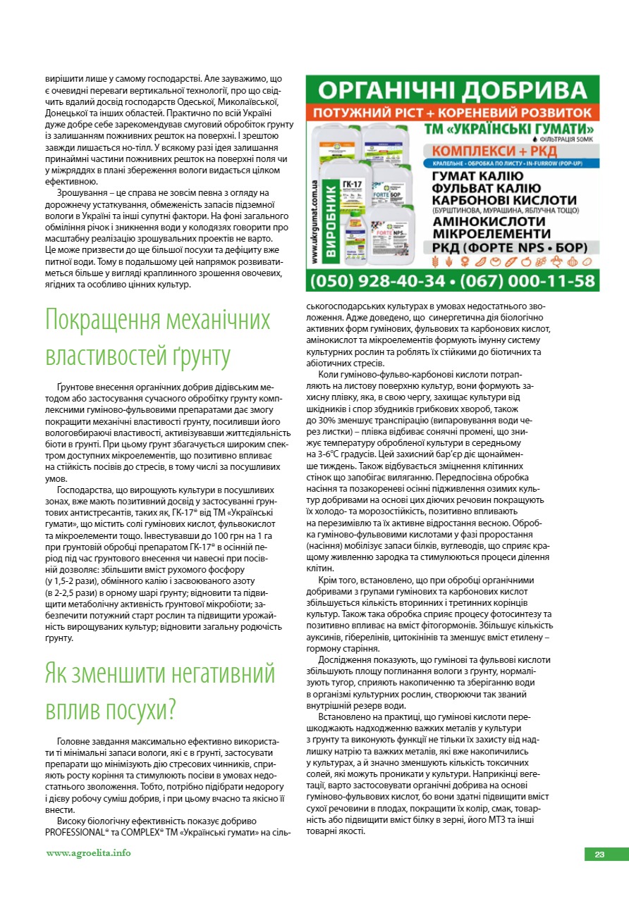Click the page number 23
[599, 855]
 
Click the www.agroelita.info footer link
[88, 853]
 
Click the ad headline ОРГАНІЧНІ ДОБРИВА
[452, 89]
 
